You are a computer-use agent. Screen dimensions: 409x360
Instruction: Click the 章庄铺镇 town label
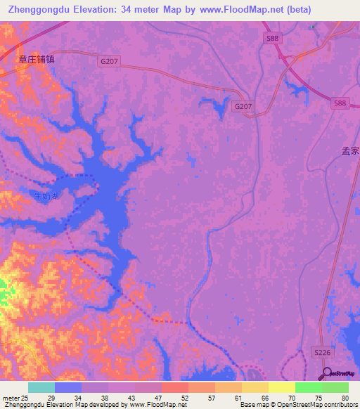(36, 60)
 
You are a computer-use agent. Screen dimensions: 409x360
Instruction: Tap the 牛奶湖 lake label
(47, 196)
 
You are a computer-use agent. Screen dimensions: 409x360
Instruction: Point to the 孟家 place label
(350, 150)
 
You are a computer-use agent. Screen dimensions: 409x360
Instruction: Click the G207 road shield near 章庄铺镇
(109, 62)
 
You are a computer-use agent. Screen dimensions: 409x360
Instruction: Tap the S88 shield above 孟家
(340, 103)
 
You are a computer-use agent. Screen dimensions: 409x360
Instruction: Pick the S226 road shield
(321, 356)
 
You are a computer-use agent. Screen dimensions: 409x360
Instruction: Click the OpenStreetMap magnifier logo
(326, 373)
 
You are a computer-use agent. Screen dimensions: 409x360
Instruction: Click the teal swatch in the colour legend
(41, 387)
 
